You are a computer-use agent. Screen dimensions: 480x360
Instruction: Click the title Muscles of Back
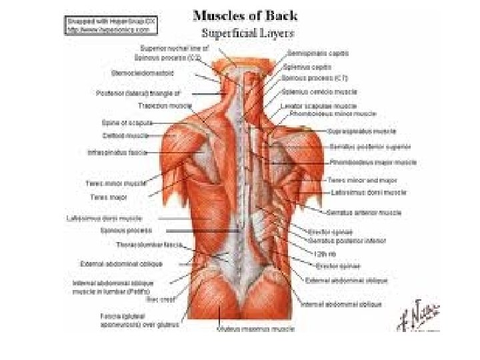[245, 15]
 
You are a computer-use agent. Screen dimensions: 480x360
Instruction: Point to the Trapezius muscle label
[165, 105]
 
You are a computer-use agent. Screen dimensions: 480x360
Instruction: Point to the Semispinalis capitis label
[317, 53]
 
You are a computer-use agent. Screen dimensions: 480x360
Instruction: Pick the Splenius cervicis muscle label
[319, 91]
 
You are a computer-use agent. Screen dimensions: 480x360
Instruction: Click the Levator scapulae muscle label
[319, 105]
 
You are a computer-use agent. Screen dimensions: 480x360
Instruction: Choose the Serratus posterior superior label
[369, 147]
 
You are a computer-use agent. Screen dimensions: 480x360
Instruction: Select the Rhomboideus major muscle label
[373, 162]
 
